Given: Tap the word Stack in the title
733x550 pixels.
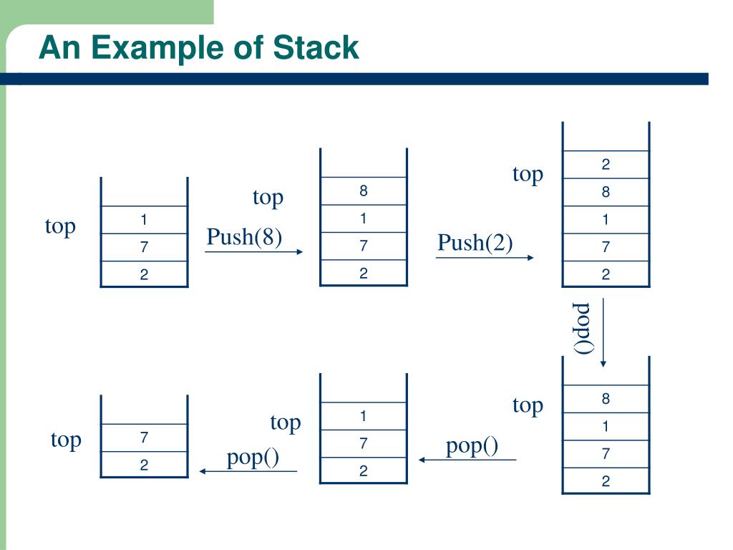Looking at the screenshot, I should pyautogui.click(x=316, y=48).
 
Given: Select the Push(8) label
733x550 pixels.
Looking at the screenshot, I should pyautogui.click(x=244, y=236).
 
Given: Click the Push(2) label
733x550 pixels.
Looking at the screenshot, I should pyautogui.click(x=475, y=243).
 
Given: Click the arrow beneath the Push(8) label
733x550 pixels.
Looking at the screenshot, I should pyautogui.click(x=254, y=251).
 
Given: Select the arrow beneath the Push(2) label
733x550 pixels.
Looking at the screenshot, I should pyautogui.click(x=485, y=258).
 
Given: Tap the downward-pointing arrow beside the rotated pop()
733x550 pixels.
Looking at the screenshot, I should pyautogui.click(x=603, y=333).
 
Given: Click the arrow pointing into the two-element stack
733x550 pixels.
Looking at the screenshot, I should pyautogui.click(x=248, y=471).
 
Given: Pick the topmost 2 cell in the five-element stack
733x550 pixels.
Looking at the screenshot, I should pyautogui.click(x=606, y=165).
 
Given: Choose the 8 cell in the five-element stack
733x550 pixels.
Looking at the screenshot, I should pyautogui.click(x=606, y=192).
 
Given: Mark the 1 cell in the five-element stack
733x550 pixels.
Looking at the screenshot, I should pyautogui.click(x=606, y=220).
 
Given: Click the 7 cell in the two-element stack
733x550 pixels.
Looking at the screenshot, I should pyautogui.click(x=144, y=438).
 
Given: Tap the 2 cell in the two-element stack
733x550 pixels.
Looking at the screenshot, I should pyautogui.click(x=144, y=465).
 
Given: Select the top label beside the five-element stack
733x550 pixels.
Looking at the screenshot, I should pyautogui.click(x=528, y=174).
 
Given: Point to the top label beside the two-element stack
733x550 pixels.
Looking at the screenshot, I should pyautogui.click(x=66, y=439).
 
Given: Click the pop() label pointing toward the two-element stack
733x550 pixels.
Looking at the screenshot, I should pyautogui.click(x=253, y=457).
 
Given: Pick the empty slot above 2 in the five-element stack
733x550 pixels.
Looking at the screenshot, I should pyautogui.click(x=606, y=137).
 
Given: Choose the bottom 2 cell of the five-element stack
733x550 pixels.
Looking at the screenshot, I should pyautogui.click(x=606, y=274).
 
